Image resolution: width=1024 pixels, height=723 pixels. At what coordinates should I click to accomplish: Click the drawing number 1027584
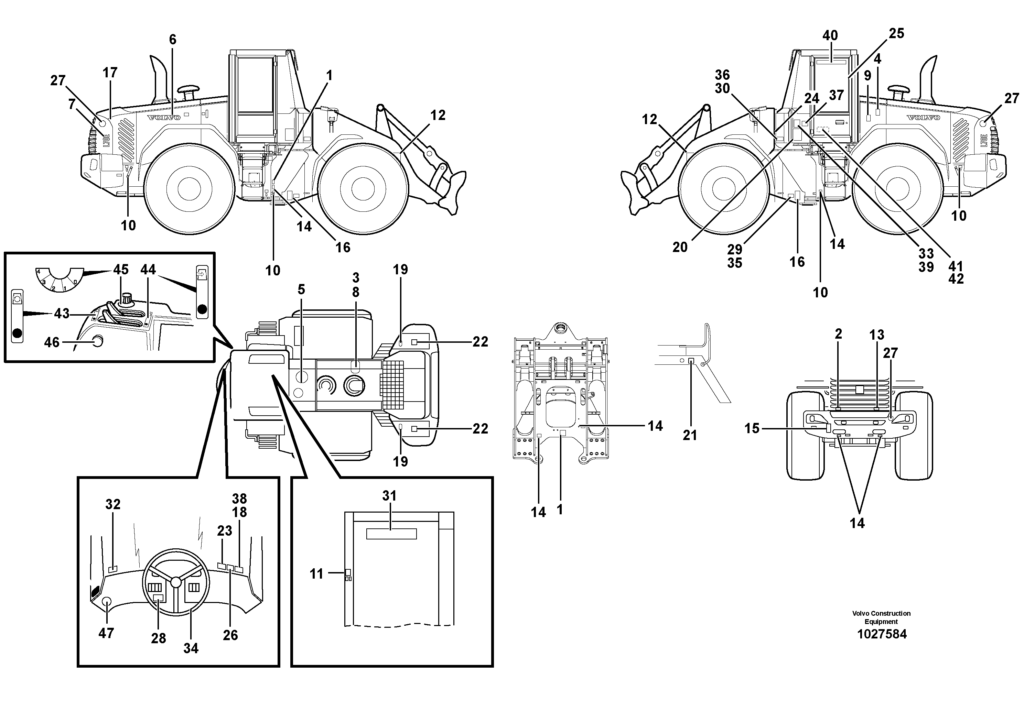[882, 634]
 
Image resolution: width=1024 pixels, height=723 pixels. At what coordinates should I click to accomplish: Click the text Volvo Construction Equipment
[881, 617]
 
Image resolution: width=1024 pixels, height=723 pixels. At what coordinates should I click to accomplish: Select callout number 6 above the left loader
[173, 40]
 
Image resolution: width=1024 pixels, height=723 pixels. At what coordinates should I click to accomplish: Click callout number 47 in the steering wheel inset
[106, 633]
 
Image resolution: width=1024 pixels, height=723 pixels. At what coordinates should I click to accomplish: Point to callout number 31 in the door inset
[389, 496]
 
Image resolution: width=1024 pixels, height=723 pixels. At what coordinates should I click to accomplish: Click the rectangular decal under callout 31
[391, 534]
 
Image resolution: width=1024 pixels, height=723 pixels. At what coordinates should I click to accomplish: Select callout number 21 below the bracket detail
[690, 435]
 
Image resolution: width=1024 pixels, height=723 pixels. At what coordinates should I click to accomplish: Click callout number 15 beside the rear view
[752, 428]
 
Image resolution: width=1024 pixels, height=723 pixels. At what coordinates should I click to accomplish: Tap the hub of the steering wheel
[176, 582]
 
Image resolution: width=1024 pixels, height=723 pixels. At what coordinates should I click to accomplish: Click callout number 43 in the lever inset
[62, 314]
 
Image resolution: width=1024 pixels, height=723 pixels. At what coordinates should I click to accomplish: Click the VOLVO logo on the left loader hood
[164, 118]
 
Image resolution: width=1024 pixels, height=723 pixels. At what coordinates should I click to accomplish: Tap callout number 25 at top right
[896, 33]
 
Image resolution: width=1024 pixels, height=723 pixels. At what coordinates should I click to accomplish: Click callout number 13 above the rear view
[876, 335]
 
